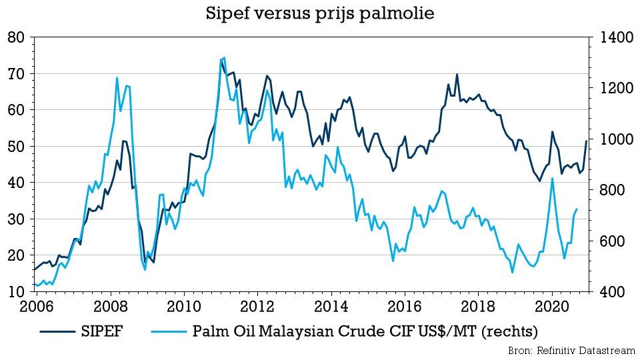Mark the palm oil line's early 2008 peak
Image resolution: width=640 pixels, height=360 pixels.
pos(117,78)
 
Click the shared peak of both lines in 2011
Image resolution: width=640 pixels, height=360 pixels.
pos(222,59)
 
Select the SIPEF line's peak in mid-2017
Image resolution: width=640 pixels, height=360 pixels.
pos(457,75)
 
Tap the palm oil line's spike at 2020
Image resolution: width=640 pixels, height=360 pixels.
pos(552,179)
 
